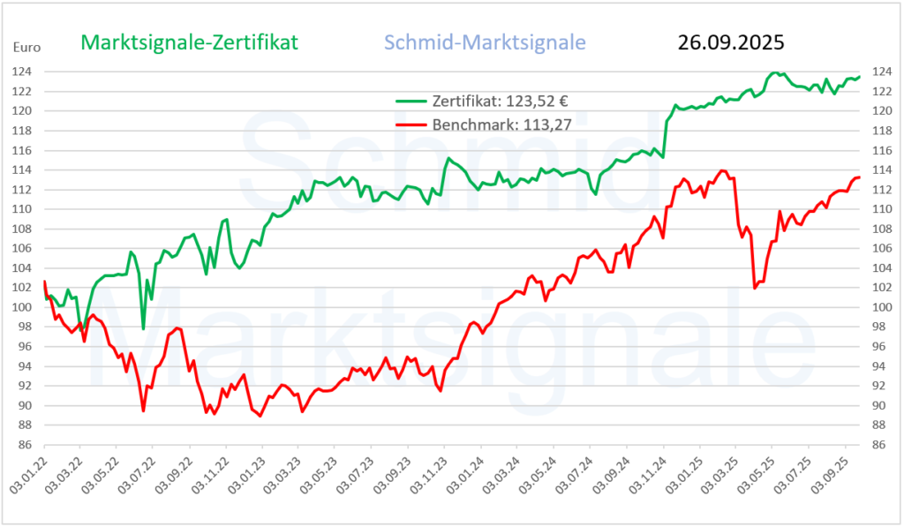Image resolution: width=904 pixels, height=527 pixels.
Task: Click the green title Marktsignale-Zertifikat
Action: tap(190, 42)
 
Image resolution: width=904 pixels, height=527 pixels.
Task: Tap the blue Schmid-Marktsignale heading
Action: tap(485, 42)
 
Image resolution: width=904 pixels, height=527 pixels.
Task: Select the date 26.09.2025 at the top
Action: tap(731, 42)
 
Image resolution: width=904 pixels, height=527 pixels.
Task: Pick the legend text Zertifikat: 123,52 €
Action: tap(493, 102)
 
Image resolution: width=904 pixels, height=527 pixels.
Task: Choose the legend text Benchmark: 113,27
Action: tap(501, 124)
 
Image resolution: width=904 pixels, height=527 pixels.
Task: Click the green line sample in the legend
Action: tap(411, 102)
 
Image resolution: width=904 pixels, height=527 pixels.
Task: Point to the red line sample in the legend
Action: tap(411, 124)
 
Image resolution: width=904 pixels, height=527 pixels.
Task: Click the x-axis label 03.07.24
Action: tap(579, 477)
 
